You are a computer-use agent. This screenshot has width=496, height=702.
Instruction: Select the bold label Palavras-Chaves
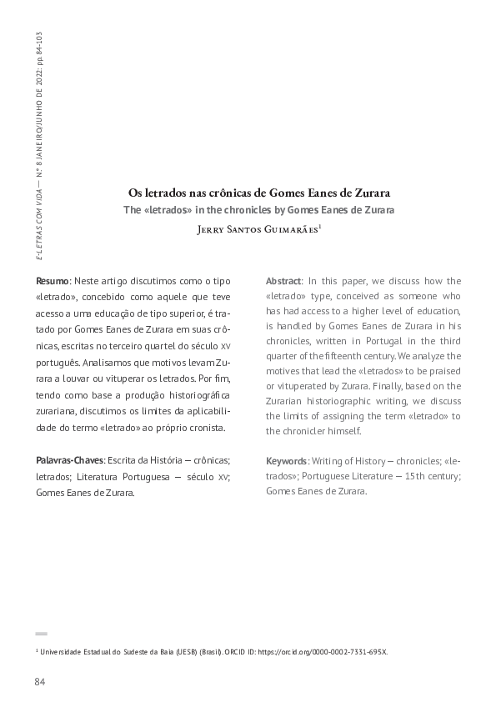tap(70, 461)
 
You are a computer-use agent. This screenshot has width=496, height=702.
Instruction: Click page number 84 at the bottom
tap(39, 682)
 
